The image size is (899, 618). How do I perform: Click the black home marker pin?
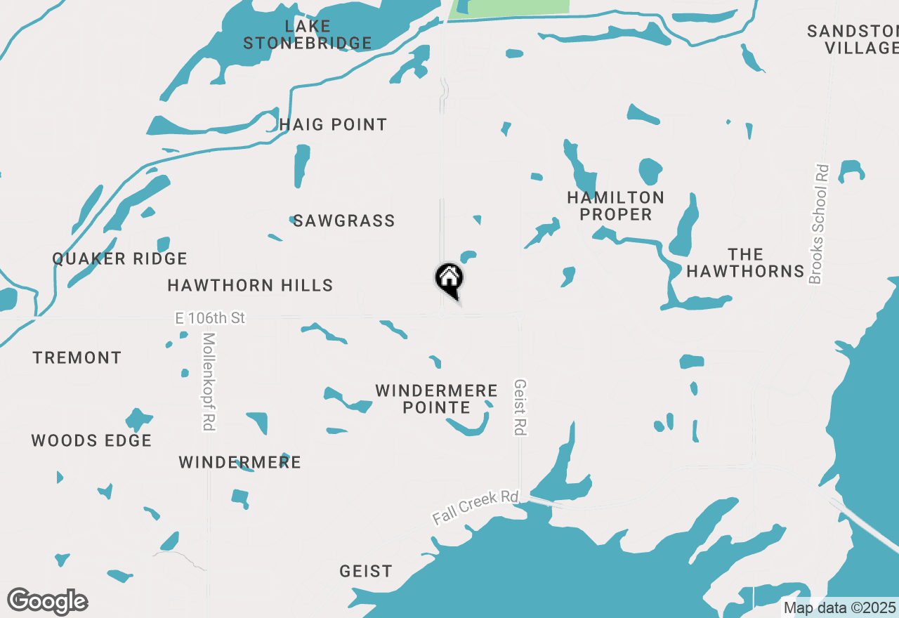point(449,280)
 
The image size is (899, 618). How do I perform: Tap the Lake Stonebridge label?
point(308,35)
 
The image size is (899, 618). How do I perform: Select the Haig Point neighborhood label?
point(333,125)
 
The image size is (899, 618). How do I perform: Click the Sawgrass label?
point(344,221)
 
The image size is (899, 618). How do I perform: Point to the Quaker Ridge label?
point(120,259)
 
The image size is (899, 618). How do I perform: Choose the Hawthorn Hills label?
point(250,286)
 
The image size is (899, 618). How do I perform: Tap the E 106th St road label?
point(210,319)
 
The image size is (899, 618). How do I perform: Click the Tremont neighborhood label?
point(77,358)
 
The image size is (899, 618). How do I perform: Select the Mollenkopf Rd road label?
point(207,381)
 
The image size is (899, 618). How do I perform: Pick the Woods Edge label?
point(91,441)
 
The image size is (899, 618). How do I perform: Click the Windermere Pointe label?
point(436,399)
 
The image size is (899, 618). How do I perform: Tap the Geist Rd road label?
point(520,407)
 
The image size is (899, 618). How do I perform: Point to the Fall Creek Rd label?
point(475,507)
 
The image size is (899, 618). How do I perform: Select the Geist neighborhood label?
point(366,572)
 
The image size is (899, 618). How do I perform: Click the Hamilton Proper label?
point(616,206)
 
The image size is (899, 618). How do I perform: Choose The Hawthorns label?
point(745,263)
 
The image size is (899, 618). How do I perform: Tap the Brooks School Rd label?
point(819,224)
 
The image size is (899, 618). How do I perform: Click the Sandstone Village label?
point(854,39)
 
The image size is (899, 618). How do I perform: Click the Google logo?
point(48,601)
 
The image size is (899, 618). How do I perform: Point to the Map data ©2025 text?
point(839,608)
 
